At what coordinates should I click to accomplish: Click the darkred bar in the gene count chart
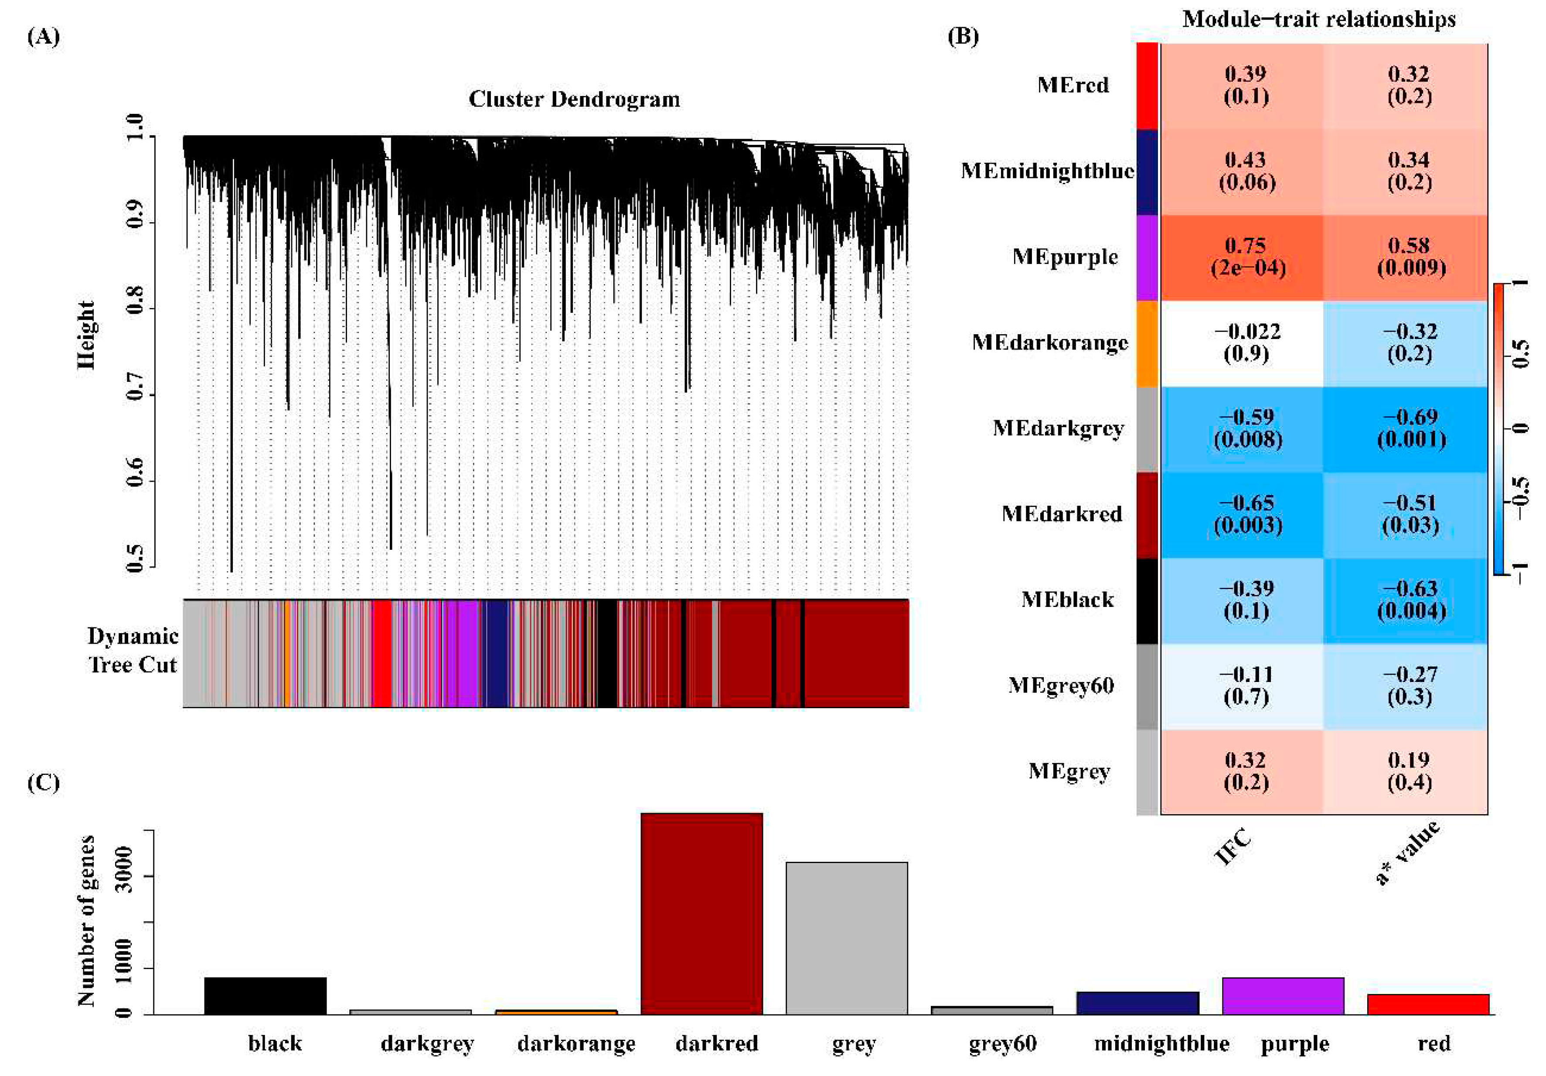pos(701,913)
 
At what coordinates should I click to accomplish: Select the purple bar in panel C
pos(1282,995)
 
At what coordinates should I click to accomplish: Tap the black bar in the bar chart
pos(266,995)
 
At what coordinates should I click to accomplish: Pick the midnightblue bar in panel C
pos(1137,1003)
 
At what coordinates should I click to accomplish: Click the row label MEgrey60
pos(1060,685)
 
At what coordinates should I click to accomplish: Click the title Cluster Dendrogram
pos(574,99)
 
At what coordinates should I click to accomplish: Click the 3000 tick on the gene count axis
pos(124,876)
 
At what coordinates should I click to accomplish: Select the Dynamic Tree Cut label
pos(133,650)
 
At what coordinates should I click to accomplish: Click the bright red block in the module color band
pos(381,653)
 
